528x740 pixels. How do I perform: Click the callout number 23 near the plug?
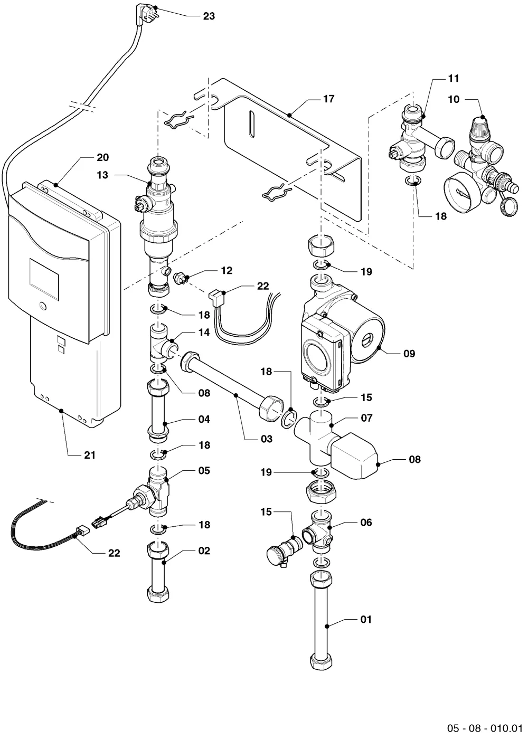click(209, 16)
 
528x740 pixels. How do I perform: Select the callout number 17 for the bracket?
click(328, 99)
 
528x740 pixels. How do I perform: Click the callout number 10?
click(454, 99)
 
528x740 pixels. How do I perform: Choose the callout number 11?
click(454, 78)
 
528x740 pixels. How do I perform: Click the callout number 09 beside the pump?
click(409, 354)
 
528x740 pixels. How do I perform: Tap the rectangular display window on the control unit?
click(44, 280)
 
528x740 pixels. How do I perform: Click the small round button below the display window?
click(43, 306)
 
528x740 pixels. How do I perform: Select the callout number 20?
click(102, 157)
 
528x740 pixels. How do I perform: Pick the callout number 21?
click(90, 455)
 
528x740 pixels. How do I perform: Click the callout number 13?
click(102, 175)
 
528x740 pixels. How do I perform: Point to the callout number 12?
click(227, 271)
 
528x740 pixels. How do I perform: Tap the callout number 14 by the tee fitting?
click(204, 333)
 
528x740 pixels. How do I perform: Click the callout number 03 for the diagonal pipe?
click(266, 439)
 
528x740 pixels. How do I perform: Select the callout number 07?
click(366, 418)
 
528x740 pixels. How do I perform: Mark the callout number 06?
click(366, 523)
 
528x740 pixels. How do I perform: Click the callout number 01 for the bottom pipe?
click(366, 620)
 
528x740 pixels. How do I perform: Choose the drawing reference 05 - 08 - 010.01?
click(485, 728)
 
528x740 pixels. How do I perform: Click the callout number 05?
click(204, 470)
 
